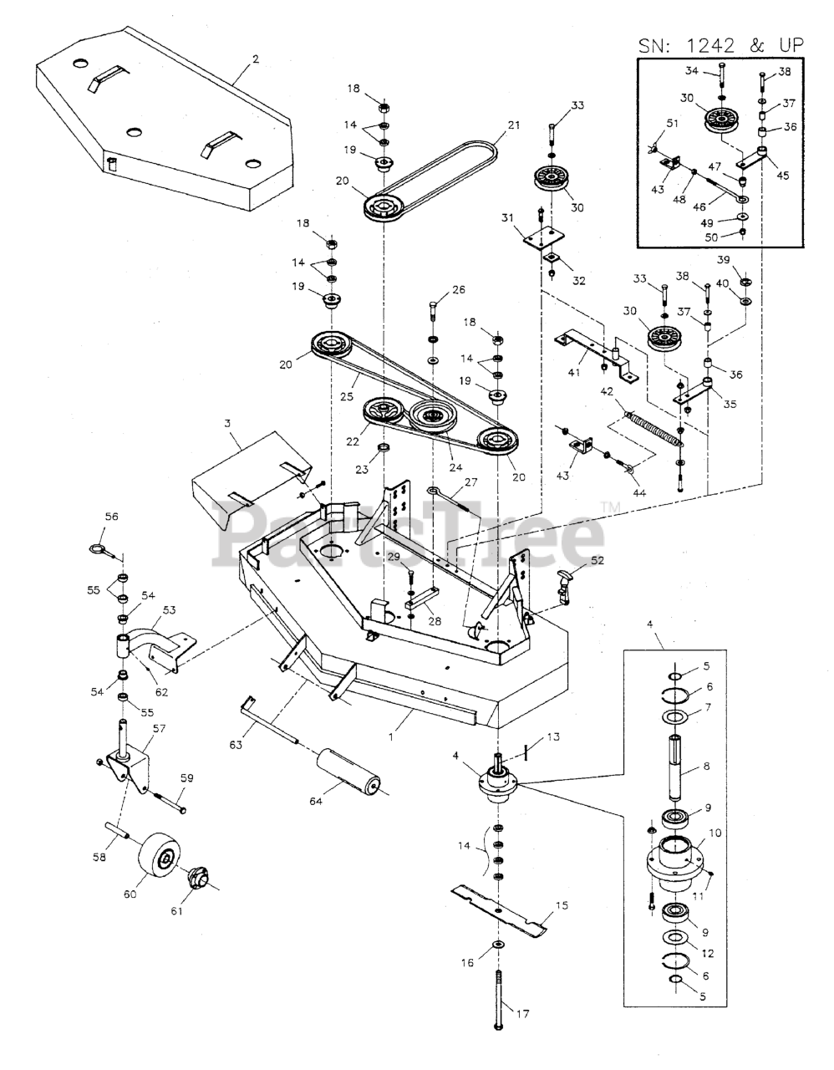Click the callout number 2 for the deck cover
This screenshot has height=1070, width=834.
pyautogui.click(x=256, y=59)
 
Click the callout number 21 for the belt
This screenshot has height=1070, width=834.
pyautogui.click(x=513, y=125)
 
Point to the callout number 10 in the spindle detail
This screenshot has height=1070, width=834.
pyautogui.click(x=714, y=833)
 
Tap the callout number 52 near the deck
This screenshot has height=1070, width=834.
pyautogui.click(x=598, y=561)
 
